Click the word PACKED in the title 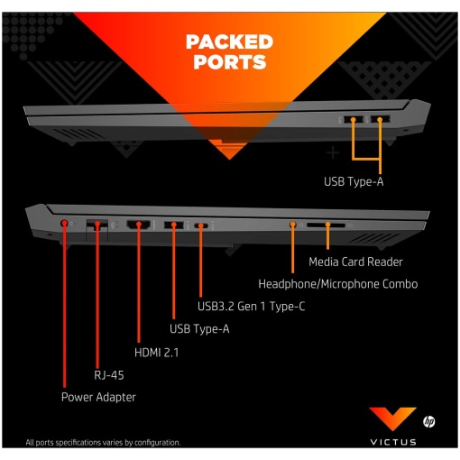229,41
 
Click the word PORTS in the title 230,62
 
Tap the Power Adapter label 98,397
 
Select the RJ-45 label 109,375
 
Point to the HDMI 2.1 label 156,353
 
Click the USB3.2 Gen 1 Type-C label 251,307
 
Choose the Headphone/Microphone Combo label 338,284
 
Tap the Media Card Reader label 355,262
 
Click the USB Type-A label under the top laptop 354,181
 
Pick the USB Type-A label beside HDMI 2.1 199,329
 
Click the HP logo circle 428,421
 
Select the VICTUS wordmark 393,442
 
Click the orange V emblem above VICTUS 392,418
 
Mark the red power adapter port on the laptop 64,224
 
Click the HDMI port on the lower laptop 139,225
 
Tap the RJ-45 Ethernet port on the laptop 97,225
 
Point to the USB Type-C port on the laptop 201,225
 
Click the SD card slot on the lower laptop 327,225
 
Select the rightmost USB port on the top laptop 380,119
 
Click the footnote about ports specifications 103,443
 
